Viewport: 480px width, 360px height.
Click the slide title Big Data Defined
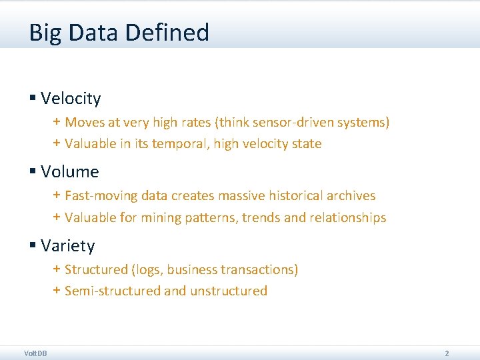(119, 33)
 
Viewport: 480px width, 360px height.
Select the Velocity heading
(71, 99)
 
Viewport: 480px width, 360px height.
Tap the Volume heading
(69, 172)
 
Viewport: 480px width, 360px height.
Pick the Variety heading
(67, 246)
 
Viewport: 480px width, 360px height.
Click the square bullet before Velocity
(32, 99)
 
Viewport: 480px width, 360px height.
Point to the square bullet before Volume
(32, 172)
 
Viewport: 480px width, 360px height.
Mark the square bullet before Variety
(32, 246)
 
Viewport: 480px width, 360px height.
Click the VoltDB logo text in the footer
(35, 353)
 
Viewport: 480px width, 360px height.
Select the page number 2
(447, 353)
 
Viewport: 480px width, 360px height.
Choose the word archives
(351, 196)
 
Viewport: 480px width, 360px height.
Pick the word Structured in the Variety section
(96, 270)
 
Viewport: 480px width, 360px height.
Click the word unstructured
(229, 291)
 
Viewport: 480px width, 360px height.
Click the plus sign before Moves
(57, 123)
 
